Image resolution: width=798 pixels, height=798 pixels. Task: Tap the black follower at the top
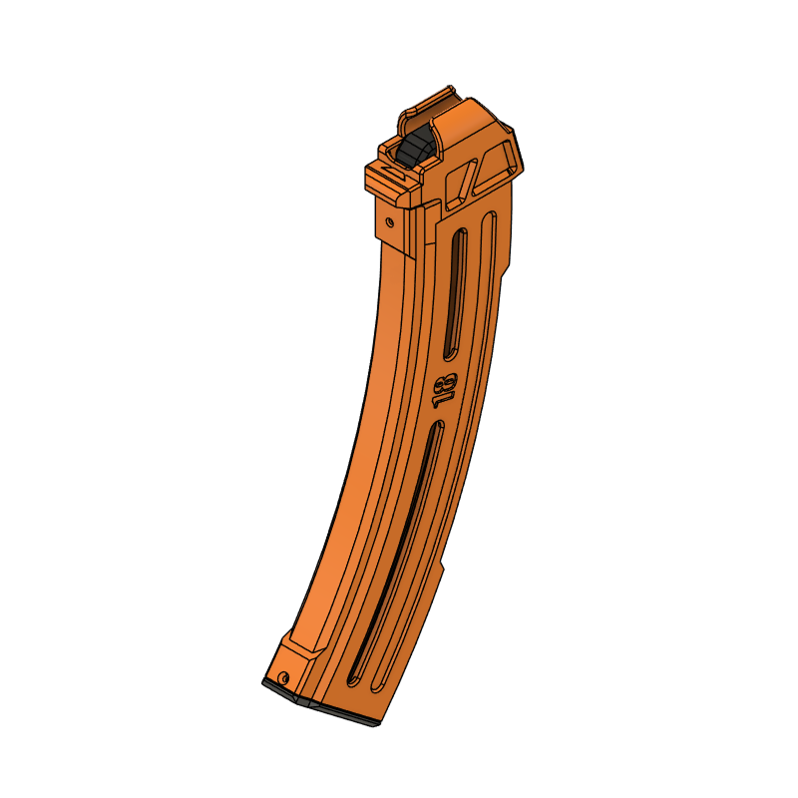[417, 148]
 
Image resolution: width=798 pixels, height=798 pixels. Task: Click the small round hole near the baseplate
[284, 677]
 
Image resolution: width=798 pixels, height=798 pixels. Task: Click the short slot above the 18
[454, 294]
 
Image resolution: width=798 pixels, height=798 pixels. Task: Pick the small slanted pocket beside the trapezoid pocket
[460, 181]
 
